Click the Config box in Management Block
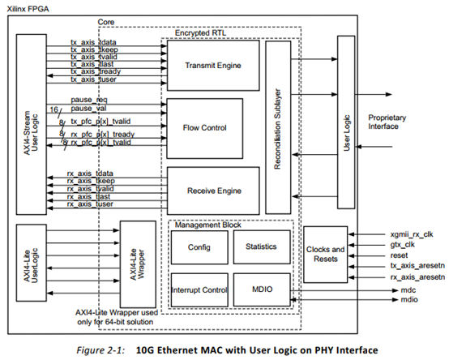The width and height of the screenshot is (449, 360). pyautogui.click(x=199, y=246)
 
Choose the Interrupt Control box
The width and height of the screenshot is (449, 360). pyautogui.click(x=199, y=289)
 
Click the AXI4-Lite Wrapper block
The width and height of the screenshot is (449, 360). pyautogui.click(x=137, y=263)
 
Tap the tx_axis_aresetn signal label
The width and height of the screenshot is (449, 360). pyautogui.click(x=413, y=265)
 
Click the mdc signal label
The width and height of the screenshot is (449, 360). pyautogui.click(x=396, y=288)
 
